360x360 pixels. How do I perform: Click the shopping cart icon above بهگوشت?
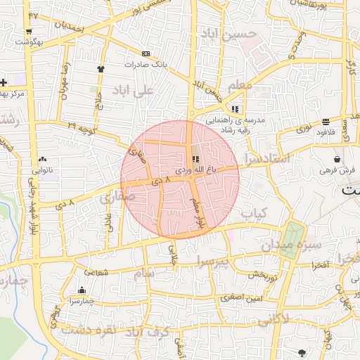pyautogui.click(x=29, y=32)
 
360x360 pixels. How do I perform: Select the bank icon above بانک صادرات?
pyautogui.click(x=146, y=53)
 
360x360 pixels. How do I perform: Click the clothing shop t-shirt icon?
pyautogui.click(x=101, y=69)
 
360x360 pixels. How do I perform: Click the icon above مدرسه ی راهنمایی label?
pyautogui.click(x=235, y=109)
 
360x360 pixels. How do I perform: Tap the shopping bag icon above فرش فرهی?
pyautogui.click(x=338, y=160)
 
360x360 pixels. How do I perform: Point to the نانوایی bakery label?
pyautogui.click(x=38, y=170)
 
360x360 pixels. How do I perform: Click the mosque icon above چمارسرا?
pyautogui.click(x=82, y=290)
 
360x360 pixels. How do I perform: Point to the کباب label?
pyautogui.click(x=253, y=212)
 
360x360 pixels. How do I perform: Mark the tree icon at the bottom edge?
pyautogui.click(x=302, y=352)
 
